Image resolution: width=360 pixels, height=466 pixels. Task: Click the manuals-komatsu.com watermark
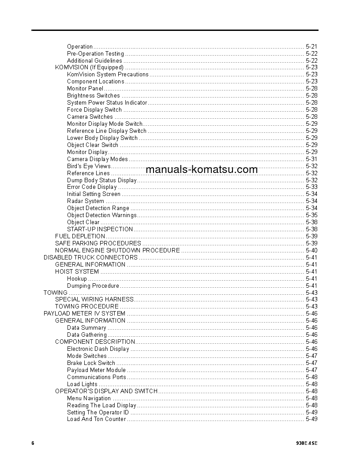(x=201, y=170)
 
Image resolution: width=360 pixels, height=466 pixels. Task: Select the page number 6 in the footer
(x=33, y=443)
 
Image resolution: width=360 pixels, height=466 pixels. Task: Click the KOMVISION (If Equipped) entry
(x=89, y=68)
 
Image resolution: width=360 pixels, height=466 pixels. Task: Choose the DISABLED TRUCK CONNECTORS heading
(x=90, y=257)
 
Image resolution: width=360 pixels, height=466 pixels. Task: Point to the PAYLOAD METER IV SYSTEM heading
(x=84, y=313)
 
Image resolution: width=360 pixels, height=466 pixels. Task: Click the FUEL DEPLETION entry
(x=80, y=236)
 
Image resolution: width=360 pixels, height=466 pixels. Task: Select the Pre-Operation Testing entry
(x=95, y=53)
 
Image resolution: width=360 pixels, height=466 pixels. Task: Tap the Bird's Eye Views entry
(x=89, y=166)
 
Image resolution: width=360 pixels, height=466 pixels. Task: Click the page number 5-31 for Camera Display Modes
(x=311, y=159)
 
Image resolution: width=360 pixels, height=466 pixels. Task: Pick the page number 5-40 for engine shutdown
(x=311, y=250)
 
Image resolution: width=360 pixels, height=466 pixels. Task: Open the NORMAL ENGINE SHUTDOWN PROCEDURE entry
(x=117, y=250)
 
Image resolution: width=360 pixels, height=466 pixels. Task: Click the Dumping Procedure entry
(x=93, y=286)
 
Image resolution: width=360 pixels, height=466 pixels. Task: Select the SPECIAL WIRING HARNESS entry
(x=94, y=299)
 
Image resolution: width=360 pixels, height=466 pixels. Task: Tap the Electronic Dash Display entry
(x=98, y=349)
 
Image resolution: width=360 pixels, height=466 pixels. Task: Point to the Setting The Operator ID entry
(x=98, y=412)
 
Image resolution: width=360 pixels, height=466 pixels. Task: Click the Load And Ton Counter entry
(x=96, y=419)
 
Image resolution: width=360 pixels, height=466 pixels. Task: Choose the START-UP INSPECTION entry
(x=100, y=229)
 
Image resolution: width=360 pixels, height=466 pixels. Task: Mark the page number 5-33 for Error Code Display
(x=311, y=187)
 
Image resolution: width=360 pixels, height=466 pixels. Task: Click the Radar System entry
(x=86, y=201)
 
